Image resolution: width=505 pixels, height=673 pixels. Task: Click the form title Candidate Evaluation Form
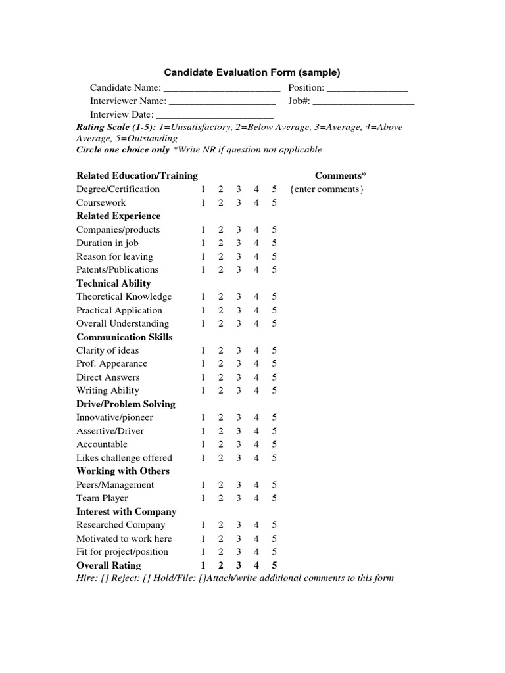[252, 72]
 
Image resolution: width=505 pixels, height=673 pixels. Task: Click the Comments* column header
[341, 175]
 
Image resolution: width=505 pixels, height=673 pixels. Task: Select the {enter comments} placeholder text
[326, 189]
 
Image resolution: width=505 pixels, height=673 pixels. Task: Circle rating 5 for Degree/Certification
[274, 189]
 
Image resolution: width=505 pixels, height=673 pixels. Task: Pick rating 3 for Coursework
[239, 203]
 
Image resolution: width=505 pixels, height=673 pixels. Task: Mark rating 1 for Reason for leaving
[203, 256]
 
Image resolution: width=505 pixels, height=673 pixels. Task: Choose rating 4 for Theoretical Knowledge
[256, 297]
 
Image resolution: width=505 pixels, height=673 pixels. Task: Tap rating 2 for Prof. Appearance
[221, 364]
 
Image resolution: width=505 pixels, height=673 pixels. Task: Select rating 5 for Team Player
[274, 498]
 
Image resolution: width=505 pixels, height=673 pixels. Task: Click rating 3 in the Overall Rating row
[239, 565]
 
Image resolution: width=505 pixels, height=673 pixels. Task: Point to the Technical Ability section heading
[114, 283]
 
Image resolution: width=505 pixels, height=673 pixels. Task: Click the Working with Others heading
[123, 471]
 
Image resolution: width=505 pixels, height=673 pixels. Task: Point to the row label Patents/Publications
[118, 270]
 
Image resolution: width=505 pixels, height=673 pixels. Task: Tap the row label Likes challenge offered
[124, 458]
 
